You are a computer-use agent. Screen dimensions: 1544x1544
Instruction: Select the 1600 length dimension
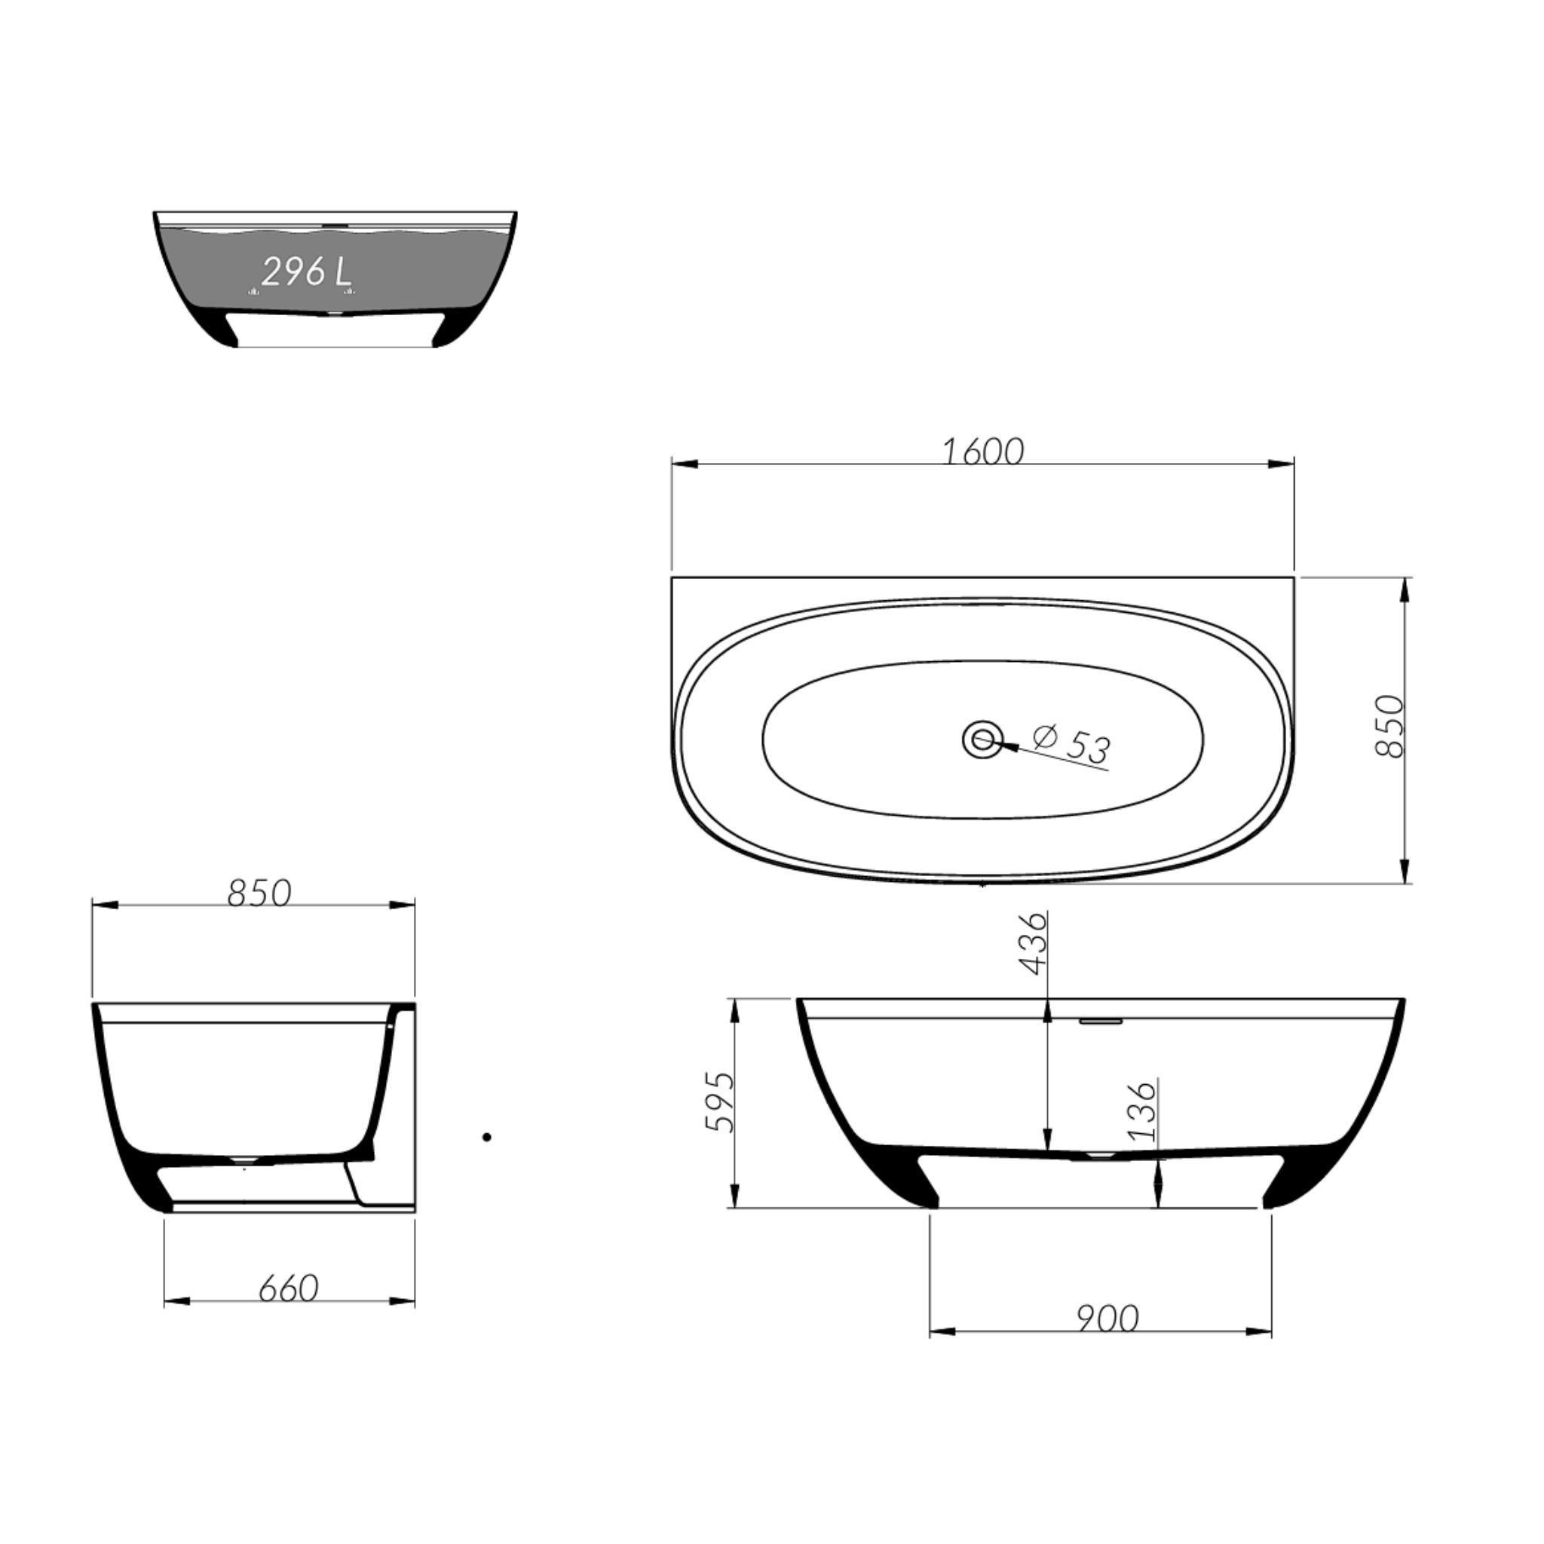[x=983, y=452]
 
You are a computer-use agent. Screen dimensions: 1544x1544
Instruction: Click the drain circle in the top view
[x=982, y=740]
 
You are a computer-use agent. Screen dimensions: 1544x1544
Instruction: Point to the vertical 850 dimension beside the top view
[x=1389, y=726]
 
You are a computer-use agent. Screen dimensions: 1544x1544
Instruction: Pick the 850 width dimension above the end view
[x=259, y=893]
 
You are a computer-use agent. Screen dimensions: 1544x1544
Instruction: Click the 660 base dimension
[x=289, y=1288]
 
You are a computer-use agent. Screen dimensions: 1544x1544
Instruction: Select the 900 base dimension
[x=1107, y=1319]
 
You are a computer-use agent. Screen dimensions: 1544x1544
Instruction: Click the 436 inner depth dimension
[x=1033, y=943]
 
